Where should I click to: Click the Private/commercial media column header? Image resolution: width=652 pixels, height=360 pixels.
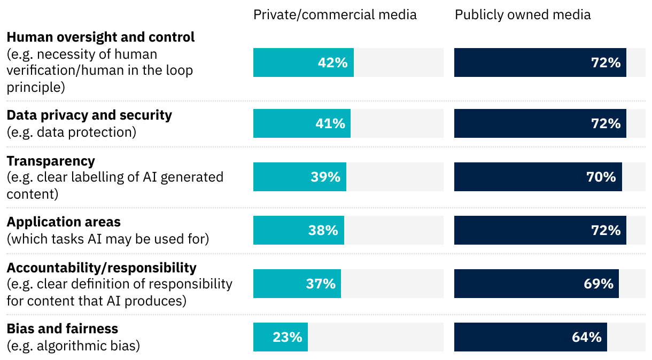pyautogui.click(x=335, y=14)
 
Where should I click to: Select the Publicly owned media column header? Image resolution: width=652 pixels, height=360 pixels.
pyautogui.click(x=523, y=14)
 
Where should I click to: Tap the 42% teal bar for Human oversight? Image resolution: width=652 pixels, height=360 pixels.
pyautogui.click(x=303, y=62)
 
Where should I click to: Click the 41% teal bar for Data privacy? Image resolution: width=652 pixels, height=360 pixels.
pyautogui.click(x=301, y=123)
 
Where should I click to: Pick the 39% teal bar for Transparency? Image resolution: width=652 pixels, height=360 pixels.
pyautogui.click(x=299, y=177)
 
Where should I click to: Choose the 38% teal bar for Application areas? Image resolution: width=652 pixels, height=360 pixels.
pyautogui.click(x=298, y=230)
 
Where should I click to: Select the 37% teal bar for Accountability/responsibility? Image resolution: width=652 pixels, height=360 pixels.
pyautogui.click(x=297, y=284)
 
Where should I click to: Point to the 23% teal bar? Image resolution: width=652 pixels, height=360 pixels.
pyautogui.click(x=280, y=337)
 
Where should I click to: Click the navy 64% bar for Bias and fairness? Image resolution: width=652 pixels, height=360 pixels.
pyautogui.click(x=530, y=337)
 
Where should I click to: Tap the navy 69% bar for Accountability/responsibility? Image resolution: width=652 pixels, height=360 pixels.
pyautogui.click(x=536, y=284)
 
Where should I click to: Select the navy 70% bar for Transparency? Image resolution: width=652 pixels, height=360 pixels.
pyautogui.click(x=538, y=177)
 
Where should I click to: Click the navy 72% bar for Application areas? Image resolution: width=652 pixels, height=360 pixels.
pyautogui.click(x=540, y=230)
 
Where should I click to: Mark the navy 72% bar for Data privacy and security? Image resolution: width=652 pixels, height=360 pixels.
pyautogui.click(x=540, y=123)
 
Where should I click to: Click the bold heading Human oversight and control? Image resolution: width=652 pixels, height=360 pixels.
pyautogui.click(x=100, y=37)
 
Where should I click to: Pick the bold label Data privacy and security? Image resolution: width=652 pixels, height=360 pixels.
pyautogui.click(x=89, y=115)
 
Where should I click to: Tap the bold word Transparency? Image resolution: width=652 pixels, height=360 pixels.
pyautogui.click(x=51, y=161)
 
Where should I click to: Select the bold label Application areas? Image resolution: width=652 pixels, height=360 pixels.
pyautogui.click(x=64, y=222)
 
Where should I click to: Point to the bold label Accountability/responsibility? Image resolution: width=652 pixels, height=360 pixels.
pyautogui.click(x=102, y=267)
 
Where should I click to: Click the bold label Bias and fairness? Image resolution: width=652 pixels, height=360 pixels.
pyautogui.click(x=62, y=328)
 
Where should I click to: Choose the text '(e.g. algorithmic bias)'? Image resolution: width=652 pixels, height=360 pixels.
pyautogui.click(x=73, y=346)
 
